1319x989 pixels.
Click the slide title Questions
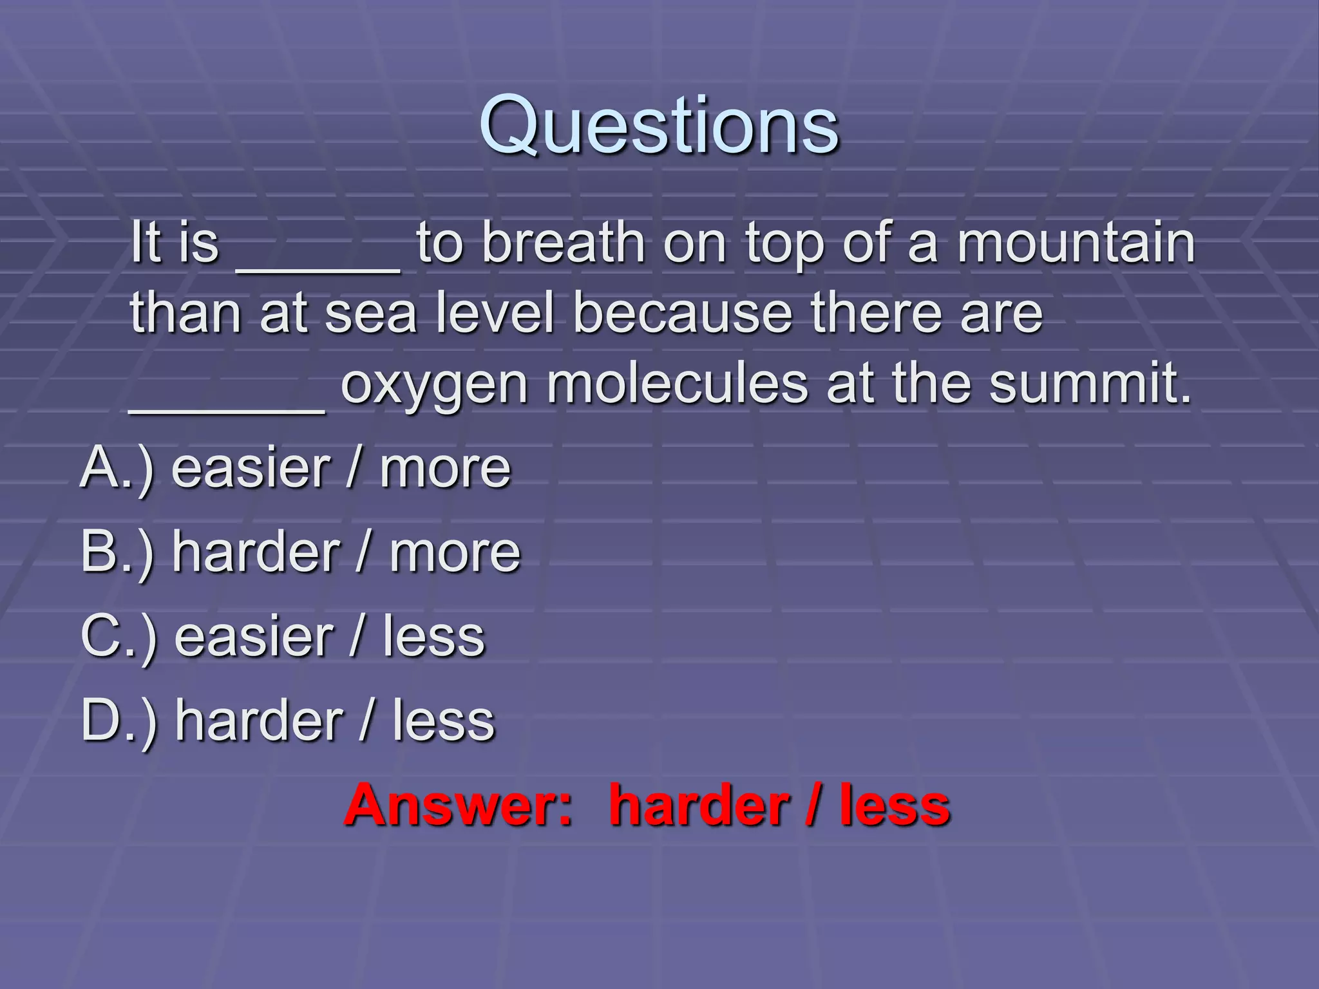point(659,126)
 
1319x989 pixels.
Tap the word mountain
point(1076,243)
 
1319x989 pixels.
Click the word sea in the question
point(371,314)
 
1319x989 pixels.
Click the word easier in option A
point(251,469)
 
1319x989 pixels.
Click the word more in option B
point(455,553)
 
